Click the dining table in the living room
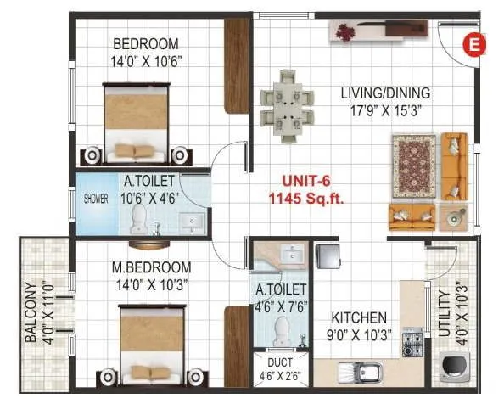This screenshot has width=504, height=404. (283, 105)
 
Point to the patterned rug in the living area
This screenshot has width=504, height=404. (412, 166)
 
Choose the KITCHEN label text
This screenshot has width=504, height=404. (360, 317)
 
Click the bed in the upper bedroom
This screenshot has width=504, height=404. (137, 123)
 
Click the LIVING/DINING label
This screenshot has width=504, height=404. (385, 93)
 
